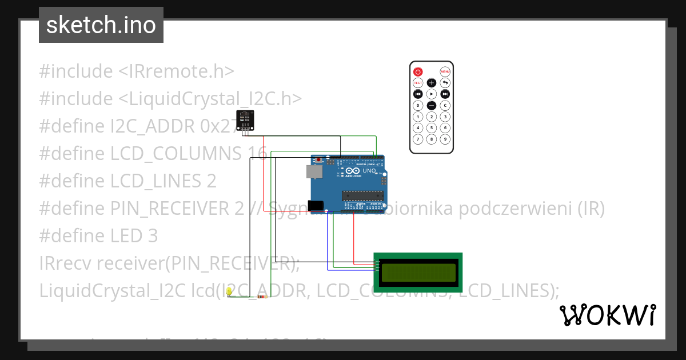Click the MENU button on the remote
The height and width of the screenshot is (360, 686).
tap(445, 71)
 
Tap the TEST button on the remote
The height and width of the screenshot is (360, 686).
tap(418, 83)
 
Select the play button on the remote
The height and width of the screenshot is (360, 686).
tap(432, 94)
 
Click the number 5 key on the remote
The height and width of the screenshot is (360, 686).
tap(432, 128)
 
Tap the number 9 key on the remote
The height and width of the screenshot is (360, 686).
tap(445, 139)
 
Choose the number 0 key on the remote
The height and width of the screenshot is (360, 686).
tap(418, 105)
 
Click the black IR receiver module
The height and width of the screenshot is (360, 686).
tap(245, 120)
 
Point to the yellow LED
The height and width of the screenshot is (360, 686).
tap(229, 292)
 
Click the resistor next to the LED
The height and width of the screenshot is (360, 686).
tap(262, 297)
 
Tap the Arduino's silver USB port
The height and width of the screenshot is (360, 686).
tap(313, 171)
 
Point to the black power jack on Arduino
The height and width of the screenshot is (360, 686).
tap(314, 205)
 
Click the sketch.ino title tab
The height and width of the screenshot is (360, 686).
tap(101, 25)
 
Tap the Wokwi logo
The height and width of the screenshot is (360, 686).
tap(607, 315)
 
